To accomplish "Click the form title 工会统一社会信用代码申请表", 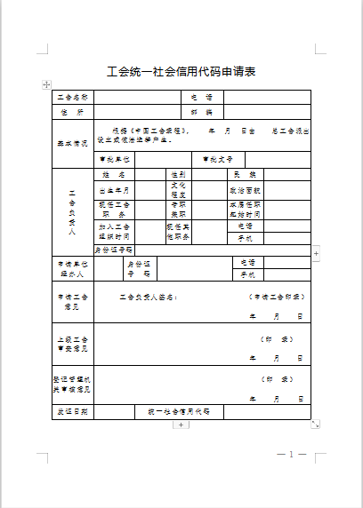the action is [x=181, y=72].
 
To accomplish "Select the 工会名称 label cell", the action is [x=73, y=97].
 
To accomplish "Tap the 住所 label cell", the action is [x=73, y=113].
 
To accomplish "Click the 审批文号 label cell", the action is [x=217, y=159].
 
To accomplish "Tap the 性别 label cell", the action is [x=177, y=175].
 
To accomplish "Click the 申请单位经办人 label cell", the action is [x=73, y=269].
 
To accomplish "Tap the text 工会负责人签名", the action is [x=149, y=297].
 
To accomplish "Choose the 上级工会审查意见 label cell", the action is [x=73, y=345].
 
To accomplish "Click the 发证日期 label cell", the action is [x=73, y=412].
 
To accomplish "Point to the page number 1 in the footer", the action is [x=291, y=454].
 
